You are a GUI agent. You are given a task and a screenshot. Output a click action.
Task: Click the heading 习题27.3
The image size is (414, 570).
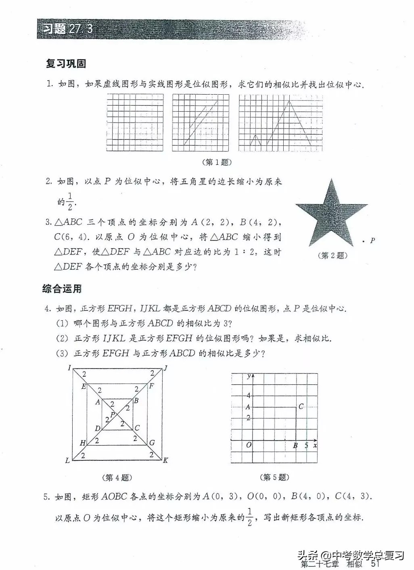[68, 29]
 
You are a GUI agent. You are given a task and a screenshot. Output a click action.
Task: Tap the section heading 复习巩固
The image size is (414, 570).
[66, 64]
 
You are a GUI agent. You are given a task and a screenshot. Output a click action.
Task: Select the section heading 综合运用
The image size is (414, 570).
[62, 288]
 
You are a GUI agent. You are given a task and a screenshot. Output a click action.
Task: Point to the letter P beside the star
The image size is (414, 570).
[372, 240]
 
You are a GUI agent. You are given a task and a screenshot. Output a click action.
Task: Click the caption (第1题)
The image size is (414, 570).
[217, 162]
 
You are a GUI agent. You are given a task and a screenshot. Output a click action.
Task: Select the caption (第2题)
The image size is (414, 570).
[332, 255]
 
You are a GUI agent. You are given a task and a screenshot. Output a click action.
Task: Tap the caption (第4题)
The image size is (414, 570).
[117, 477]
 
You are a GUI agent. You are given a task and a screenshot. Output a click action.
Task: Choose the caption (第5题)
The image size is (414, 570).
[274, 477]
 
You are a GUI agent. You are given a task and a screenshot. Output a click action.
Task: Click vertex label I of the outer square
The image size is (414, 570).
[69, 367]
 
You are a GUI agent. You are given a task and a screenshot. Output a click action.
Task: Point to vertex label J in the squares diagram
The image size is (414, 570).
[165, 368]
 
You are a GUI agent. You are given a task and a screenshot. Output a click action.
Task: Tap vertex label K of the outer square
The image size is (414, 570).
[165, 460]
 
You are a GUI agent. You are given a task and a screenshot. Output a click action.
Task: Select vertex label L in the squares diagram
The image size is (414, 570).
[67, 460]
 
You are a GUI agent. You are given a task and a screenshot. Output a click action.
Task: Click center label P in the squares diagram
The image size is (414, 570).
[113, 415]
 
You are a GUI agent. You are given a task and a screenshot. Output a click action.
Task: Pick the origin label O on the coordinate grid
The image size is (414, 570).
[249, 445]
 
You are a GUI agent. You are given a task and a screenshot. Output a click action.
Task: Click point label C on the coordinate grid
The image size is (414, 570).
[301, 406]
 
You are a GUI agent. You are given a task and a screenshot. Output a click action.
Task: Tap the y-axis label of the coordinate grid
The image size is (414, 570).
[249, 376]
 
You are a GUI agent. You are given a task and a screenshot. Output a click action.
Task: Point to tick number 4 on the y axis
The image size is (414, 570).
[249, 396]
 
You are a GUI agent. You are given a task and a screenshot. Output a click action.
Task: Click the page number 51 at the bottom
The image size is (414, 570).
[375, 564]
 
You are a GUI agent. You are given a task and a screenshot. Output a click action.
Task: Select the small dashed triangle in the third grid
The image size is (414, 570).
[255, 141]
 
